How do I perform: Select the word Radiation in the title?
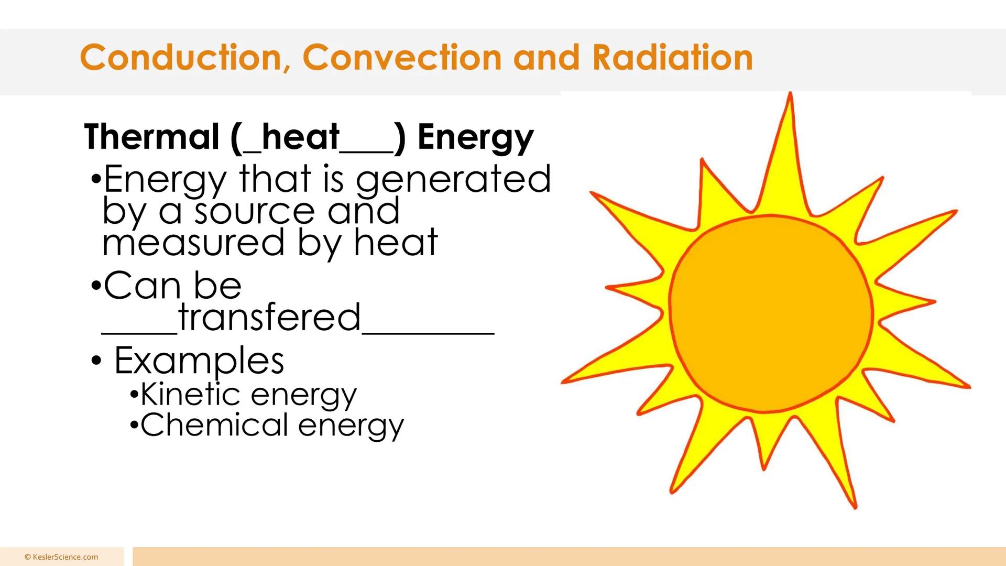(672, 58)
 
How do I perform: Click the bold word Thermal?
(151, 137)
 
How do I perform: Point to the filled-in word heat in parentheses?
(300, 137)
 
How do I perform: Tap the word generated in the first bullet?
(453, 180)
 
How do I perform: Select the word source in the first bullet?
(254, 211)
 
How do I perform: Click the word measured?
(194, 243)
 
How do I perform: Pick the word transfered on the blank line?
(269, 318)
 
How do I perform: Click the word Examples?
(199, 361)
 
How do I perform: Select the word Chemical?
(214, 424)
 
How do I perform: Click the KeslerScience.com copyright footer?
(61, 557)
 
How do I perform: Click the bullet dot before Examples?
(96, 361)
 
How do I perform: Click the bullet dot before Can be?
(95, 287)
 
